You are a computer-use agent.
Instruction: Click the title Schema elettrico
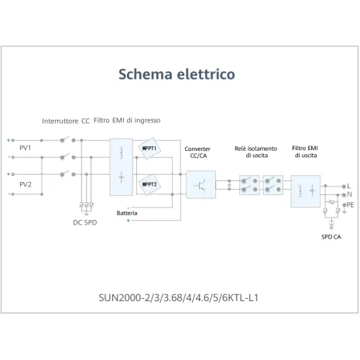pos(177,74)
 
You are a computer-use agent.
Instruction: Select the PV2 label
pos(26,185)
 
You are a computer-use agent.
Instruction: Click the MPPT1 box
pos(149,149)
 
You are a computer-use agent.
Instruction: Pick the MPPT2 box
pos(149,185)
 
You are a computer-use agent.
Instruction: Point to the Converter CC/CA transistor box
pos(201,185)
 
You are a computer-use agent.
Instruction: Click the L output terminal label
pos(349,186)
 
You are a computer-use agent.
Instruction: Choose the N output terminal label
pos(349,195)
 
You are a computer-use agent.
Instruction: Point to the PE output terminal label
pos(350,205)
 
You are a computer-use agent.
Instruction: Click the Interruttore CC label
pos(66,122)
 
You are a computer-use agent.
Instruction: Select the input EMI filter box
pos(121,166)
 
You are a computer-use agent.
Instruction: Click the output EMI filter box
pos(305,190)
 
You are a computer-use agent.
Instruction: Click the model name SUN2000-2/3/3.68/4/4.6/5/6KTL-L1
pos(177,297)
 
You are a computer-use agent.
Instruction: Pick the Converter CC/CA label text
pos(198,152)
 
